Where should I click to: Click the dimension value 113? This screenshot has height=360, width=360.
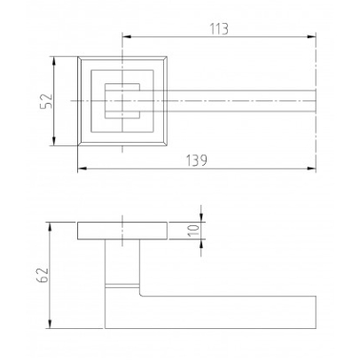point(219,29)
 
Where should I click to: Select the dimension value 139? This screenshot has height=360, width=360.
point(197,160)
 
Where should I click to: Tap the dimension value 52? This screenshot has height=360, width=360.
point(46,101)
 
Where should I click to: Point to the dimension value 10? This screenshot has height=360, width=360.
point(193,231)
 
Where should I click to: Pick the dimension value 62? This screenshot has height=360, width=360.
point(43,275)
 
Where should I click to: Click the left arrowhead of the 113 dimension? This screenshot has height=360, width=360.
point(127,36)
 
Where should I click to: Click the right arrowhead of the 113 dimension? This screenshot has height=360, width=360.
point(311,36)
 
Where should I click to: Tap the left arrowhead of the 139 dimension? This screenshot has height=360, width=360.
point(82,168)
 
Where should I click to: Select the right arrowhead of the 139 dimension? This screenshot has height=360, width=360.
point(311,168)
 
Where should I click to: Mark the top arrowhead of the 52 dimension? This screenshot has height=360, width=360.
point(54,61)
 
